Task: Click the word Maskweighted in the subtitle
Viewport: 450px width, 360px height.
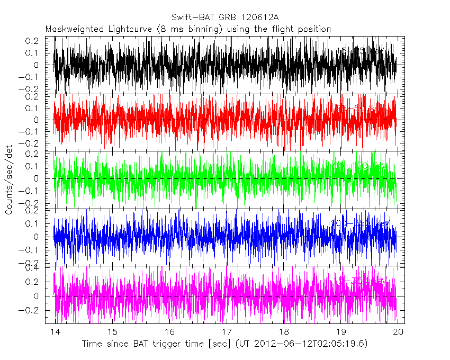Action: pos(71,29)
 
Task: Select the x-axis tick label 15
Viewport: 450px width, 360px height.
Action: pos(112,332)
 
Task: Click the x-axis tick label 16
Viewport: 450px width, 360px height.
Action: pos(169,332)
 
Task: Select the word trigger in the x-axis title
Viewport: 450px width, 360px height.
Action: pos(165,344)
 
